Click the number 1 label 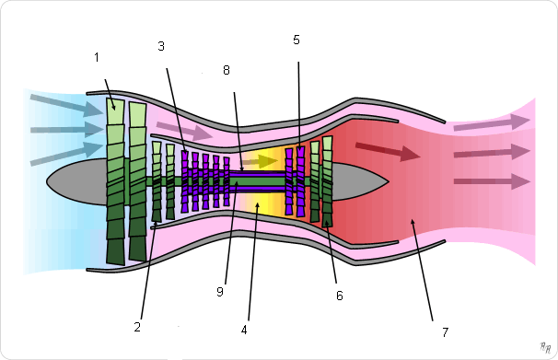pyautogui.click(x=97, y=57)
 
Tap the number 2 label pyautogui.click(x=137, y=327)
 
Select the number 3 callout pyautogui.click(x=161, y=46)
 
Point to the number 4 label pyautogui.click(x=244, y=331)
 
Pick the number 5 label pyautogui.click(x=296, y=40)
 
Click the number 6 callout pyautogui.click(x=340, y=296)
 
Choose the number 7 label pyautogui.click(x=445, y=331)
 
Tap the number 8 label pyautogui.click(x=227, y=70)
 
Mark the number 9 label pyautogui.click(x=220, y=292)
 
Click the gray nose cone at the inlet pyautogui.click(x=78, y=181)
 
